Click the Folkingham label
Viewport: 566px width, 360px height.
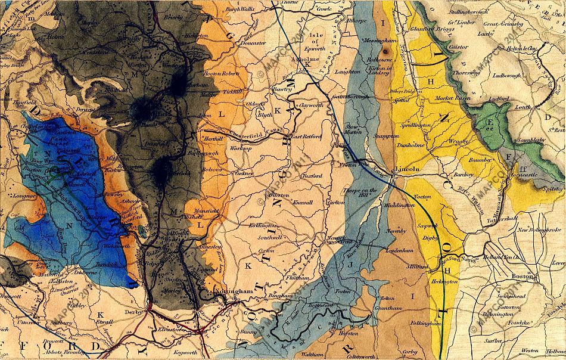(425, 324)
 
